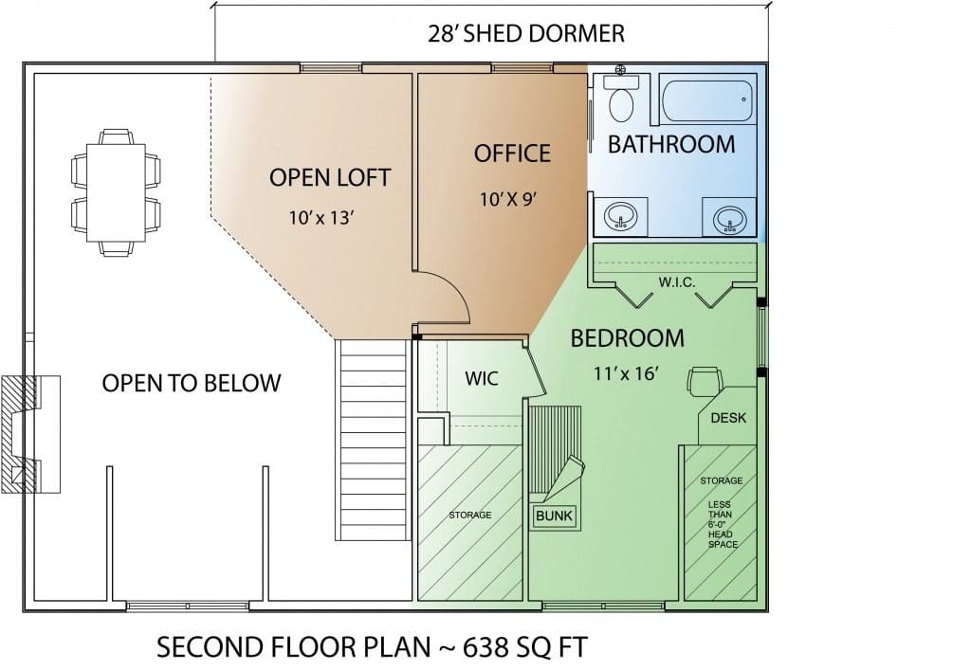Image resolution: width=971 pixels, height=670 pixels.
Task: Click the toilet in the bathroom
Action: [x=620, y=99]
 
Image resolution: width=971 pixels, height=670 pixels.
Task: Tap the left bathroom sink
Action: [x=620, y=217]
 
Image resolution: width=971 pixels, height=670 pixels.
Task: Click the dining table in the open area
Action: [x=116, y=192]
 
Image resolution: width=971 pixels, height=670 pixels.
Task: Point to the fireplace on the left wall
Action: [x=30, y=434]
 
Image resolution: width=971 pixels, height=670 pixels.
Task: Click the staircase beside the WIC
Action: [x=374, y=440]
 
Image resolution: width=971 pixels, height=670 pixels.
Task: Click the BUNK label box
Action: [x=554, y=516]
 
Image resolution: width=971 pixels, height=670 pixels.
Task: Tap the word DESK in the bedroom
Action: [x=728, y=418]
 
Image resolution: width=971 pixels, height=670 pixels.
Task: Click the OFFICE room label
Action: [x=512, y=154]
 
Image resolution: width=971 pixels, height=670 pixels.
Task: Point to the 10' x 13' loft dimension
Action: [x=321, y=218]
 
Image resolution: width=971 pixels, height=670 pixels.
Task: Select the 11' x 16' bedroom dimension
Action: [x=626, y=373]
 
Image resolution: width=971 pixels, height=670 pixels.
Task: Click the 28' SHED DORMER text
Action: [x=526, y=33]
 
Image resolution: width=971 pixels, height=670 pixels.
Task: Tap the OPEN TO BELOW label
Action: [x=192, y=384]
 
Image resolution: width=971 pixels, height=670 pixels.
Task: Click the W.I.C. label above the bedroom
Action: [x=677, y=282]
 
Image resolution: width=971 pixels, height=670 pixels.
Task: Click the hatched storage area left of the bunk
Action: [x=470, y=522]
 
